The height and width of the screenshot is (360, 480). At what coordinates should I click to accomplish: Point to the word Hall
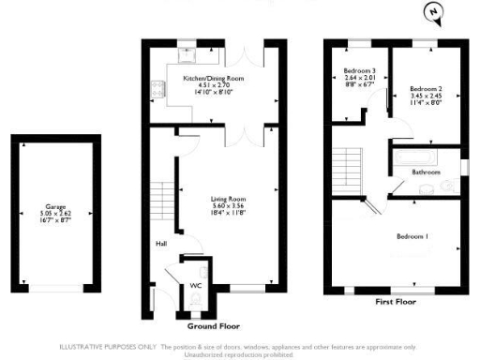(160, 245)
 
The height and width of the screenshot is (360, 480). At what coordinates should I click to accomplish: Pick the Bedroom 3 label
(360, 71)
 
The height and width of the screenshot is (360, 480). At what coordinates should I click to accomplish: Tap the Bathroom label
(427, 172)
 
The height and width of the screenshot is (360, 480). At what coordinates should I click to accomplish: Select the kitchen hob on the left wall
(156, 90)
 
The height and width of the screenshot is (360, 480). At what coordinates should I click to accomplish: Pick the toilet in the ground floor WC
(195, 297)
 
